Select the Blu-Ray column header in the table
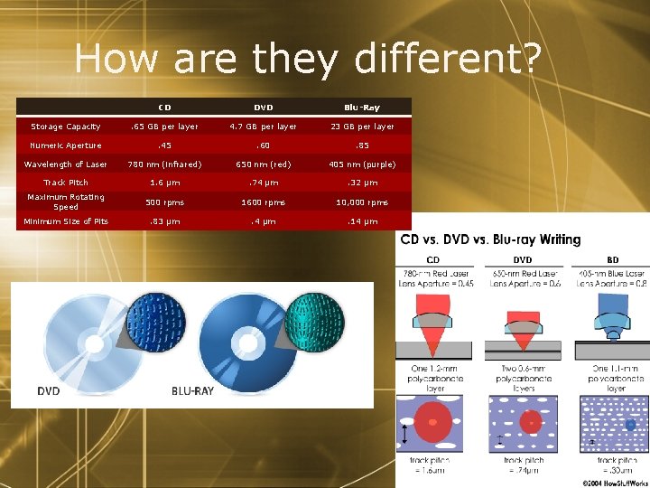361,108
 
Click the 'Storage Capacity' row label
66,127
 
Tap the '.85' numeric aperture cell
361,145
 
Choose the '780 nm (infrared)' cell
165,164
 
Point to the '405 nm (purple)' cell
361,164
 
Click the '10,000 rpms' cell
361,202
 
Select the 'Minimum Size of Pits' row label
66,221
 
